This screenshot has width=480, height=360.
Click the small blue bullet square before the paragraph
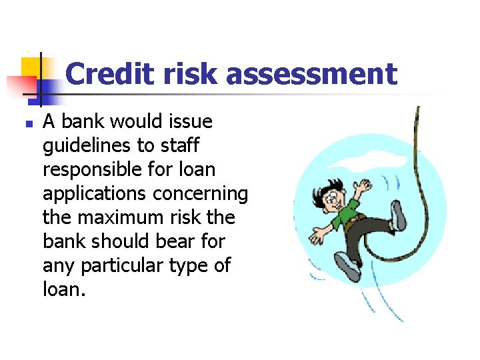[27, 123]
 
